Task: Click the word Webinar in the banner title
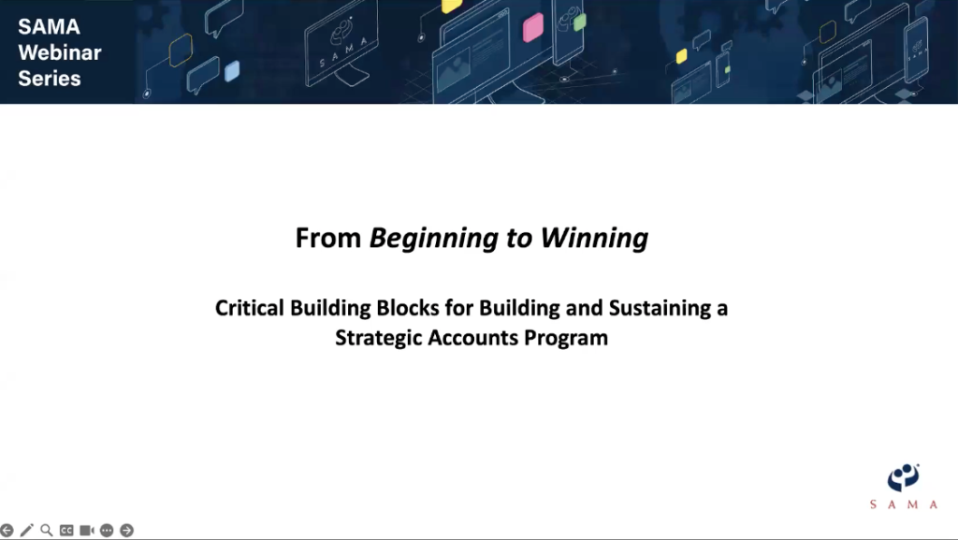pos(60,52)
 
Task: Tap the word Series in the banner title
pos(50,79)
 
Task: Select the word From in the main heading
pos(328,239)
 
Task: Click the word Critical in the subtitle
pos(249,308)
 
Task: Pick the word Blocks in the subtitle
pos(408,308)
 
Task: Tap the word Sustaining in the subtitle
pos(660,309)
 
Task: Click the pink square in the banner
pos(533,28)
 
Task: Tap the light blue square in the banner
pos(232,71)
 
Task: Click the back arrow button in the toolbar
pos(7,531)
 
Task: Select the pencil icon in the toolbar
pos(27,531)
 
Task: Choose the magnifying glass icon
pos(47,531)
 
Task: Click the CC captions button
pos(66,531)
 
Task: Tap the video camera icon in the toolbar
pos(87,531)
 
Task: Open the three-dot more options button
pos(107,531)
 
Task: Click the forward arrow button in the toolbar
pos(127,531)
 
